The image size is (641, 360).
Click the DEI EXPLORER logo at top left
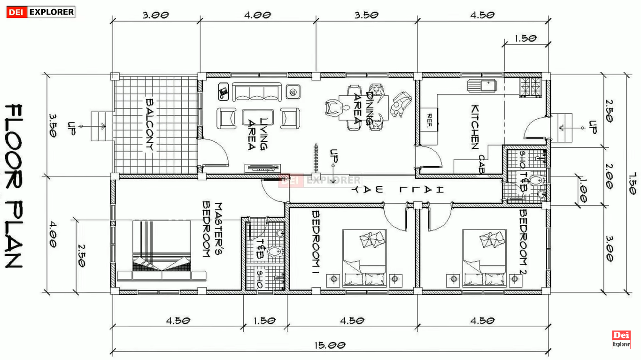(41, 12)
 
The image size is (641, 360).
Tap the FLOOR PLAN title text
(14, 186)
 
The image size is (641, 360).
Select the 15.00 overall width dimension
(330, 345)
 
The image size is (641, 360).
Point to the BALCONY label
(150, 125)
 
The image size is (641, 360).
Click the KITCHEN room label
(475, 127)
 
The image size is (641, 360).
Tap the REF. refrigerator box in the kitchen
(429, 120)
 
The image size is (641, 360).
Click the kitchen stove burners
(531, 87)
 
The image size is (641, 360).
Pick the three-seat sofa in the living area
(257, 92)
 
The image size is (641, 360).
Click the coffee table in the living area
(258, 117)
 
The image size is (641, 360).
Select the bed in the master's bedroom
(162, 251)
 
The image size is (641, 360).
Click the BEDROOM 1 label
(316, 243)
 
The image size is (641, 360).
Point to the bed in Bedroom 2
(484, 258)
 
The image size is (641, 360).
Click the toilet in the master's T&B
(275, 252)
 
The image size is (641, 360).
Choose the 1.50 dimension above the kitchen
(525, 38)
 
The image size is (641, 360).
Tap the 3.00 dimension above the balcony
(156, 15)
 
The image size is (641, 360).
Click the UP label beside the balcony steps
(71, 129)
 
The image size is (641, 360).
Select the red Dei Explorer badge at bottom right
(621, 339)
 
